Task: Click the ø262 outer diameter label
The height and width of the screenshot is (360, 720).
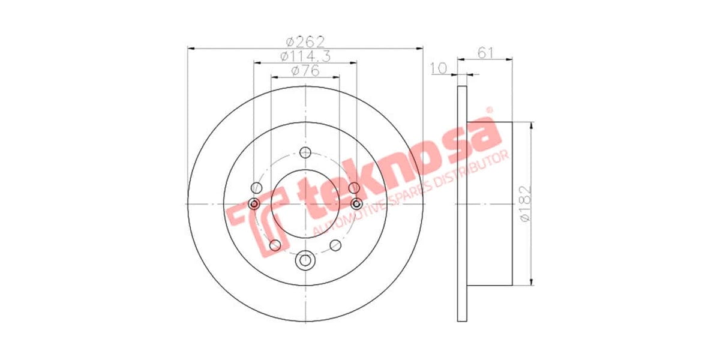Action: pyautogui.click(x=305, y=41)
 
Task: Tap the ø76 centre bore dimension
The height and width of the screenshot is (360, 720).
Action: pyautogui.click(x=305, y=70)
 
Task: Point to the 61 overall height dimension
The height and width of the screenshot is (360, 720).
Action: pyautogui.click(x=485, y=53)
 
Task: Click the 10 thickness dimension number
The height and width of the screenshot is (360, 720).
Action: pyautogui.click(x=439, y=68)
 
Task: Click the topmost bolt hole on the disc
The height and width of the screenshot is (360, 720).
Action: pyautogui.click(x=305, y=152)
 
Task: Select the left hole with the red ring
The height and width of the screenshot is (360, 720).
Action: pyautogui.click(x=254, y=205)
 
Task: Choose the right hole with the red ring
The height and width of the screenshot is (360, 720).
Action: pyautogui.click(x=357, y=205)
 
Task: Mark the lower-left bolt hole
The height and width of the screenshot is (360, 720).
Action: pyautogui.click(x=275, y=245)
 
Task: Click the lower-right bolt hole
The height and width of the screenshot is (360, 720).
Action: pyautogui.click(x=336, y=245)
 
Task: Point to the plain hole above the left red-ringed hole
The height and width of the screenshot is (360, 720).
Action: pyautogui.click(x=257, y=187)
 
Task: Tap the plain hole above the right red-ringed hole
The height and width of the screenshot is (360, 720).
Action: pyautogui.click(x=353, y=187)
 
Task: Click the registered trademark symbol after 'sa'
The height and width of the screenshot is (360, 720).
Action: pyautogui.click(x=489, y=110)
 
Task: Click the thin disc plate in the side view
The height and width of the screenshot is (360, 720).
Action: pyautogui.click(x=462, y=204)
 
